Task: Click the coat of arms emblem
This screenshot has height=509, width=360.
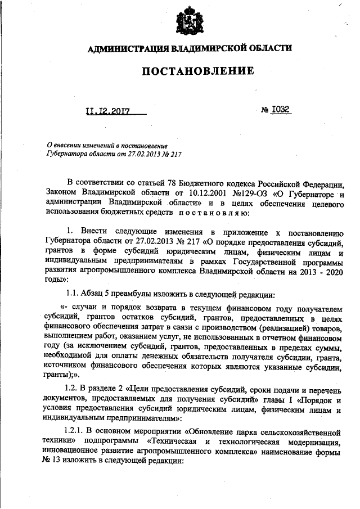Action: point(189,22)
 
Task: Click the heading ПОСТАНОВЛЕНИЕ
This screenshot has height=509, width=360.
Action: point(190,71)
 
